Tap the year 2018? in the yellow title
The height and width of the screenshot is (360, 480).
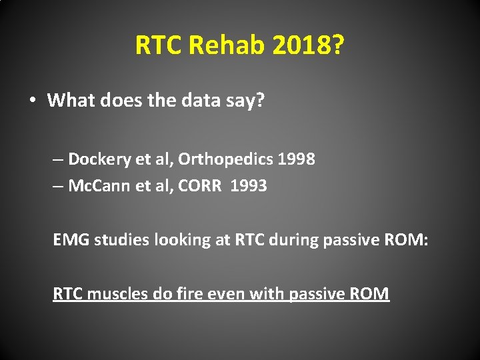coord(306,45)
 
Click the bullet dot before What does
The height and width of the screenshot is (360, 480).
coord(32,101)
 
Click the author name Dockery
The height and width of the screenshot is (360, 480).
coord(97,159)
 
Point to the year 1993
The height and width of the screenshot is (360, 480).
coord(249,186)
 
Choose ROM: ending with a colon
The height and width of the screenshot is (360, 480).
coord(409,239)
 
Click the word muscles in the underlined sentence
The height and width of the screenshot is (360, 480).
coord(117,293)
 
